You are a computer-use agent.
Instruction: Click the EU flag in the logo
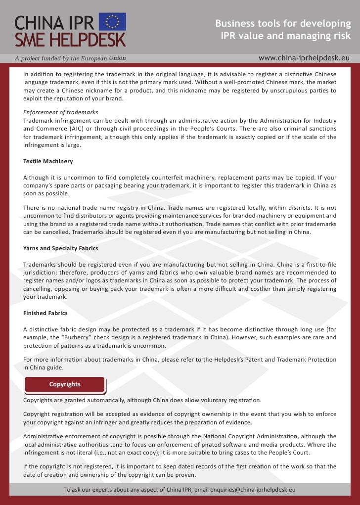(113, 22)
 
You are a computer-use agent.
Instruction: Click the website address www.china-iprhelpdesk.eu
(304, 58)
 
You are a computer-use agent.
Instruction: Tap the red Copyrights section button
(65, 384)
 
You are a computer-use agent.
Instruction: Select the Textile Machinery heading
(48, 161)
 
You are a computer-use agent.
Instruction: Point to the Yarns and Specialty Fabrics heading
(60, 248)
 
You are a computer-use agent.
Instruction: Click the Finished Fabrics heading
(45, 313)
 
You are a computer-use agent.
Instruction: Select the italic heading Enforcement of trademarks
(60, 112)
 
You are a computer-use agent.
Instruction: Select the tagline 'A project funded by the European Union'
(70, 58)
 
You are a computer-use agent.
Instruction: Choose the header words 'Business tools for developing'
(283, 24)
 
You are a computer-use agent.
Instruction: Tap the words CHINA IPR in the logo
(54, 22)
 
